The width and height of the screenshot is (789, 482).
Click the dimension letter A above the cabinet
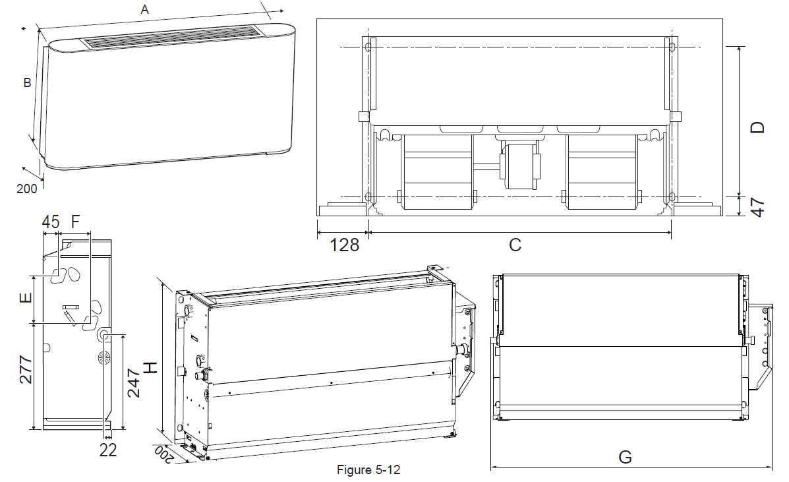145,9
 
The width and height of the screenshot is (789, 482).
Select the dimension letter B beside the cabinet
28,82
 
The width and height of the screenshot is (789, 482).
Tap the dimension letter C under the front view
515,245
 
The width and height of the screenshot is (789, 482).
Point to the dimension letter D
757,127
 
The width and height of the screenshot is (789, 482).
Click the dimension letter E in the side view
26,298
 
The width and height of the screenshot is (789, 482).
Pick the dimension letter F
76,222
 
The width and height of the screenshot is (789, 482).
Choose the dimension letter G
625,457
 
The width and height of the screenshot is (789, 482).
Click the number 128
344,245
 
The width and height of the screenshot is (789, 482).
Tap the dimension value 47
757,207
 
